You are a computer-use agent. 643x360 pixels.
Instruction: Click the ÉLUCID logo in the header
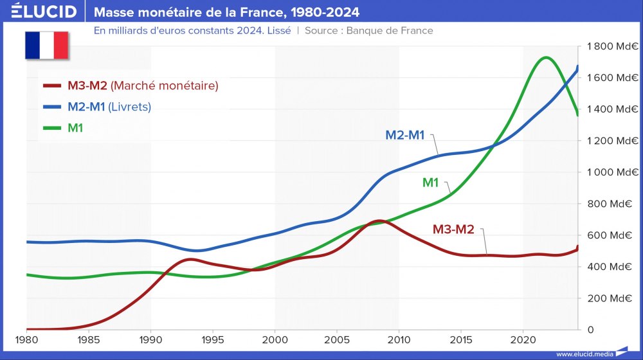point(44,12)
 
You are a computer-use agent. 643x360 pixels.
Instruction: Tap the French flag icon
point(46,44)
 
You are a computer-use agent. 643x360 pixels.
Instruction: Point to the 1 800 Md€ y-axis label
point(610,46)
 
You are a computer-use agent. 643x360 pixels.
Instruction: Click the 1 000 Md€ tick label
point(610,172)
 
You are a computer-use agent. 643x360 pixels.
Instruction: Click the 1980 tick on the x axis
point(26,339)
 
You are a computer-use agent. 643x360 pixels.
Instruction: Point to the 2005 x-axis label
point(337,339)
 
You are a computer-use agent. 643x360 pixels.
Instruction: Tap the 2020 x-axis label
point(523,339)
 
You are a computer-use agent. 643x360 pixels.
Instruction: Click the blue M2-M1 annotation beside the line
point(405,135)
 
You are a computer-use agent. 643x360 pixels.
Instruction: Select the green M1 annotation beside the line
point(430,183)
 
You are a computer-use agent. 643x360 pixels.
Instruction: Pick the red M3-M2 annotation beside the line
point(453,229)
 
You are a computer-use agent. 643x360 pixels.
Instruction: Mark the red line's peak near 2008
point(379,221)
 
